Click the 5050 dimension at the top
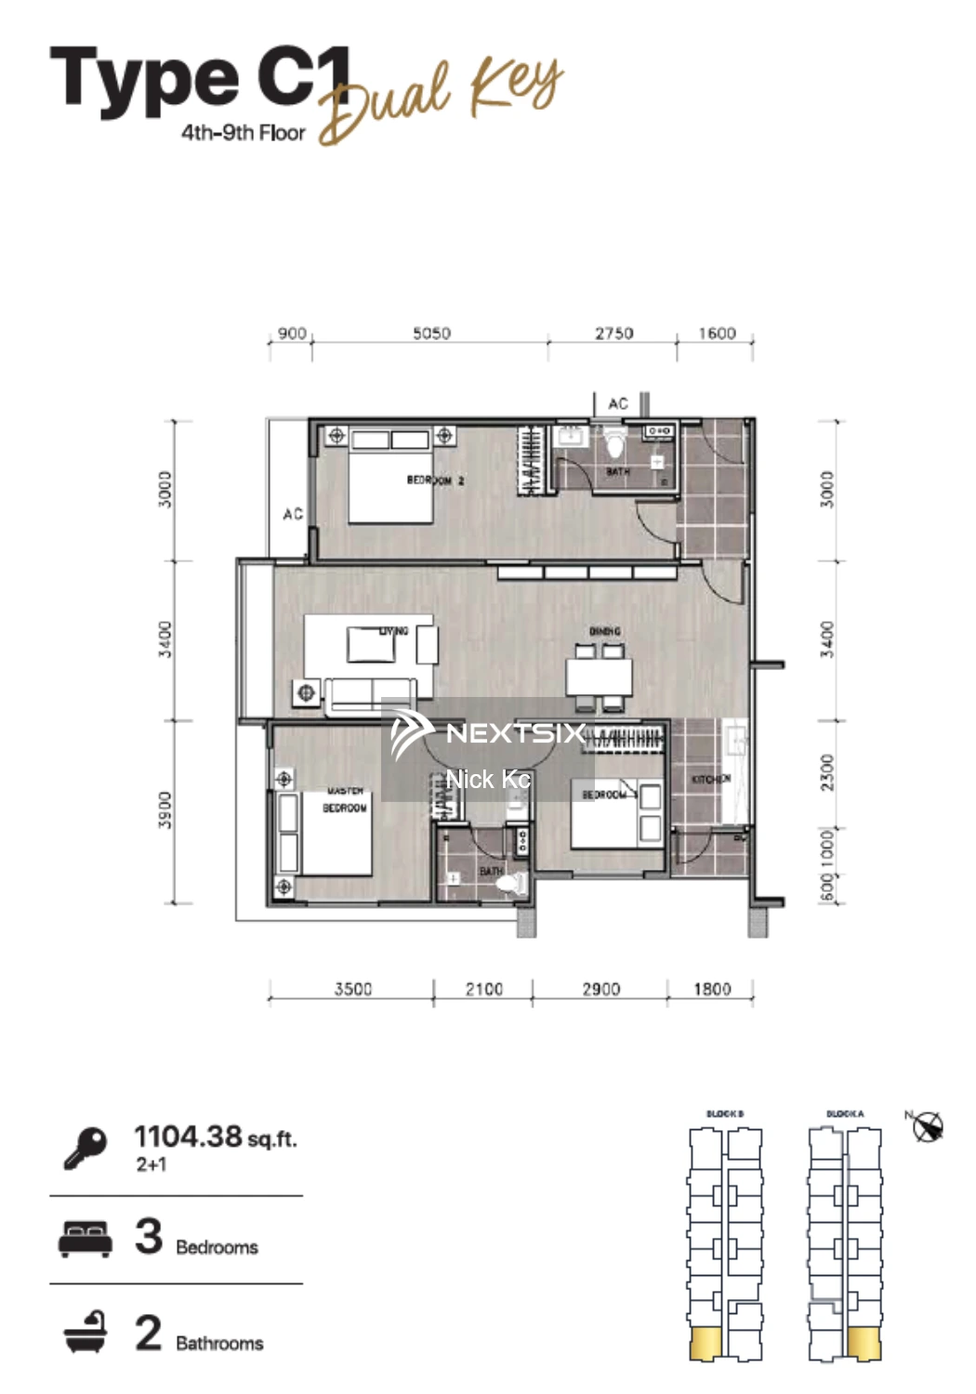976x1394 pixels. (x=431, y=333)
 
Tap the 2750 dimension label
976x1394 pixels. (x=613, y=333)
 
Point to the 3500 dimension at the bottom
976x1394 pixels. (x=352, y=989)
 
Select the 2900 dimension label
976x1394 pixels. (x=600, y=989)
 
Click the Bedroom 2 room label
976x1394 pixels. (x=435, y=480)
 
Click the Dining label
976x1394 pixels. (x=604, y=632)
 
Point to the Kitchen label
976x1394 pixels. (x=710, y=779)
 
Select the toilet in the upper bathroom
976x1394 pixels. (x=615, y=444)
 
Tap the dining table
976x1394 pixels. (x=600, y=676)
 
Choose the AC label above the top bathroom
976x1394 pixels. (x=618, y=403)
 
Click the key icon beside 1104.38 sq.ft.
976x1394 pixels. (x=86, y=1147)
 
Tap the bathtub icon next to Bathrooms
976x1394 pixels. (x=86, y=1333)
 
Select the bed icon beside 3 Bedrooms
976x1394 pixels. (x=86, y=1239)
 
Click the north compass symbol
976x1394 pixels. (x=927, y=1127)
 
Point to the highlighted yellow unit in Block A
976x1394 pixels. (x=864, y=1343)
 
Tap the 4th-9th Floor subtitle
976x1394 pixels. (x=243, y=133)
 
